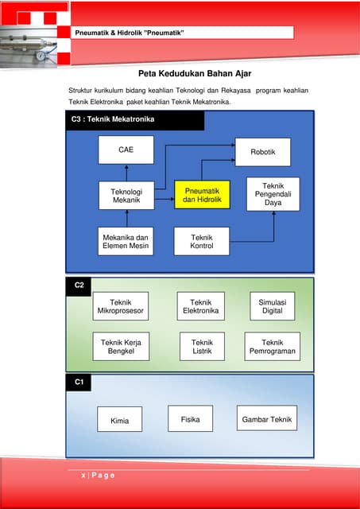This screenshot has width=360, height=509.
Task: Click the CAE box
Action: (126, 150)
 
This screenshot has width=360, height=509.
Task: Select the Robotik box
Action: (262, 152)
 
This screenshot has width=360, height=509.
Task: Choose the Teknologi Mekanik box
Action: (126, 196)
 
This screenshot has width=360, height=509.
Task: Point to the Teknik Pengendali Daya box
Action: (273, 194)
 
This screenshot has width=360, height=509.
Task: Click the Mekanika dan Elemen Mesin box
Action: (126, 241)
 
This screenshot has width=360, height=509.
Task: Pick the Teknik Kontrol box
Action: (202, 241)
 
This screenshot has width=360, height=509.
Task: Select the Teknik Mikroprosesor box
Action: (121, 306)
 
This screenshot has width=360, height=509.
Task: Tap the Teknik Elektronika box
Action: (201, 306)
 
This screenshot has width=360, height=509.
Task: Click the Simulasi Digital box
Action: (272, 306)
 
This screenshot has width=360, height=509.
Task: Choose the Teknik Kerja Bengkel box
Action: (121, 346)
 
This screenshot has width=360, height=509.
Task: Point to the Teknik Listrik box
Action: (201, 346)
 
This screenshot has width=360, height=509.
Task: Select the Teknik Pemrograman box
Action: (272, 346)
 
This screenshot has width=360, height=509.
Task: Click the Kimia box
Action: (120, 420)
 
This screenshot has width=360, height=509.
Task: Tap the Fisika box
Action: (190, 418)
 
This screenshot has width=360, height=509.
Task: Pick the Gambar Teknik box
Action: (266, 419)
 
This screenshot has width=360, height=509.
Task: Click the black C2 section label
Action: (79, 285)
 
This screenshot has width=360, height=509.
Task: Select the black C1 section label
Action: (79, 383)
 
